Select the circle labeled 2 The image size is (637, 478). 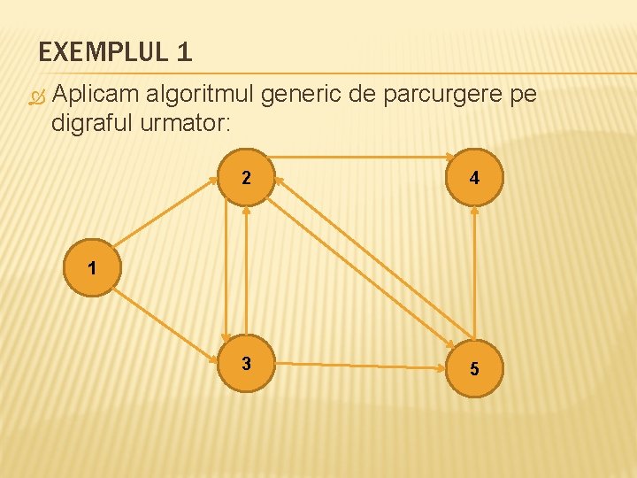coord(246,178)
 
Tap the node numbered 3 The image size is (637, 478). coord(246,364)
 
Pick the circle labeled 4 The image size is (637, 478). coord(475,178)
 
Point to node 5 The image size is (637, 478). coord(475,368)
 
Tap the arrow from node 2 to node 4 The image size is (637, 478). coord(361,157)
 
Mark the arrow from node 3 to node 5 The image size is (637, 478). coord(361,365)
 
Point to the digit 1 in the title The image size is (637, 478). coord(184,53)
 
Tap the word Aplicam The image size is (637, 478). coord(96,96)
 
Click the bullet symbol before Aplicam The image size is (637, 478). coord(36,97)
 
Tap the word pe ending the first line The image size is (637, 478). coord(522,96)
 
